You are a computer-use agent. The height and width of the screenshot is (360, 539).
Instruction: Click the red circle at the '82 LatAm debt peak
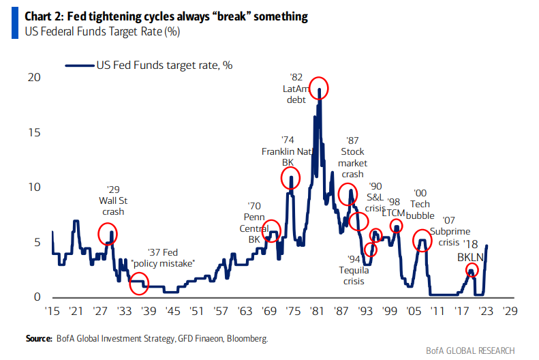coord(319,88)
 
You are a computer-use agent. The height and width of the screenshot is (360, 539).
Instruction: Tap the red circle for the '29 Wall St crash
coord(108,234)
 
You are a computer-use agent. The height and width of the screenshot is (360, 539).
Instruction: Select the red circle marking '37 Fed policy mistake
coord(139,283)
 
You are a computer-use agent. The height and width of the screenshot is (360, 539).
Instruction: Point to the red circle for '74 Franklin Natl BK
coord(290,179)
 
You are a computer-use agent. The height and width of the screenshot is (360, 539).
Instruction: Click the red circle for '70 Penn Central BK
coord(271,231)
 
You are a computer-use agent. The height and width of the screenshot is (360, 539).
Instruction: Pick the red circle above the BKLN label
coord(472,269)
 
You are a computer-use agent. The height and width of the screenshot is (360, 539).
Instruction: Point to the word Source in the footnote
coord(40,338)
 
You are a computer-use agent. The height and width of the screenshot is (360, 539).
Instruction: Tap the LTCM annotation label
coord(395,213)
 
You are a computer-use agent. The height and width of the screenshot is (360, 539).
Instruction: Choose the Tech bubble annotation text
coord(420,211)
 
